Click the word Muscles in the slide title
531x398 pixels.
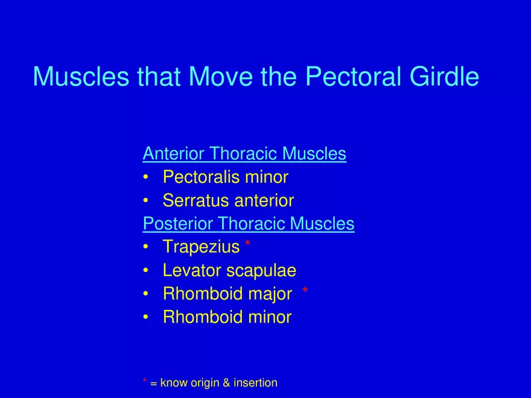81,77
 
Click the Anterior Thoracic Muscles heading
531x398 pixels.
244,154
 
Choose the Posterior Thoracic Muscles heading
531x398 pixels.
248,224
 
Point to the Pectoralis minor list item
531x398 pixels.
225,177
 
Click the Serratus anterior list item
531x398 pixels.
228,201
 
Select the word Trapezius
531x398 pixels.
201,247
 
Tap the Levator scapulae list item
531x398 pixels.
229,271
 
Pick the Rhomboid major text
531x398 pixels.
227,294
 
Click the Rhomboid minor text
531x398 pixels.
227,317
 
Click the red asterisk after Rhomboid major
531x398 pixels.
305,292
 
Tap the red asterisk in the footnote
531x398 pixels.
145,381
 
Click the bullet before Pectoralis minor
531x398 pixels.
146,178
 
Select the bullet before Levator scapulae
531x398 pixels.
146,271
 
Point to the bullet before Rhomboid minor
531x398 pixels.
146,318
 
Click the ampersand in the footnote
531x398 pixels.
226,383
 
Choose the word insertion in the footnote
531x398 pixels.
255,383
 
